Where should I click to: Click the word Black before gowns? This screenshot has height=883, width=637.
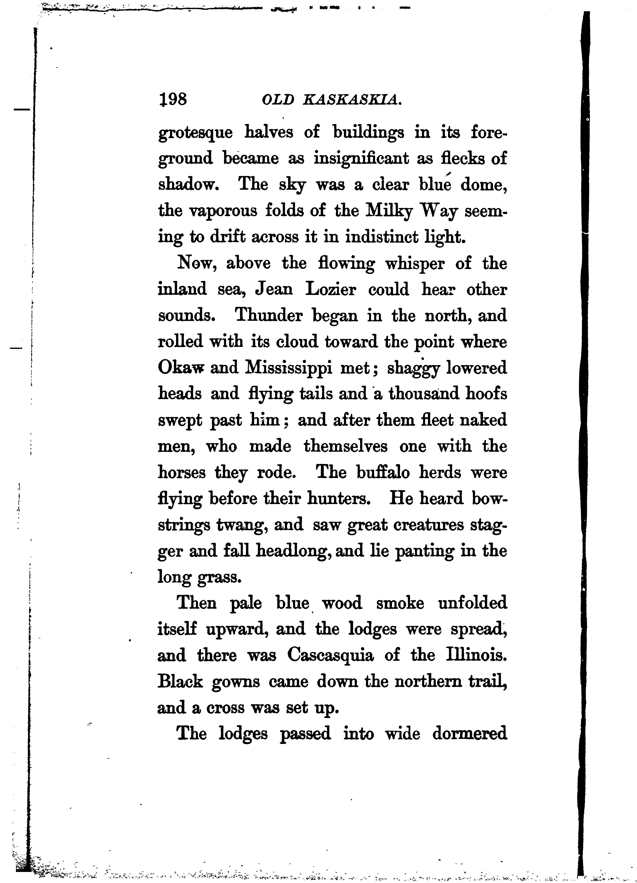coord(180,682)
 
